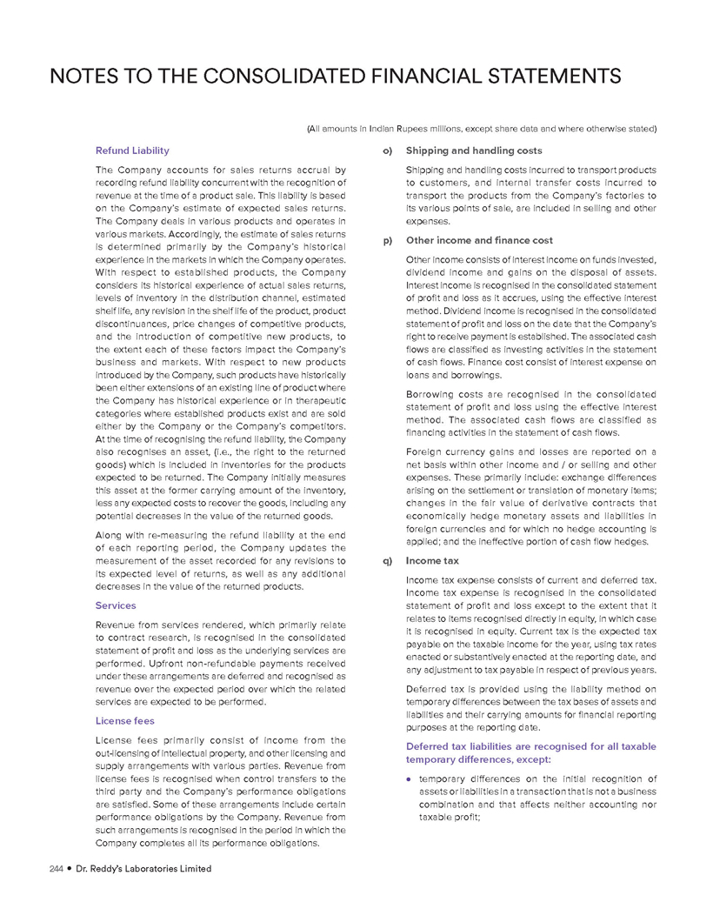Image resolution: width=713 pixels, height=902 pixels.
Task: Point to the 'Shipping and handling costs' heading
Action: [474, 150]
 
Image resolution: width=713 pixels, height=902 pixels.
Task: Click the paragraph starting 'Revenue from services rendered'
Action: [220, 662]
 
